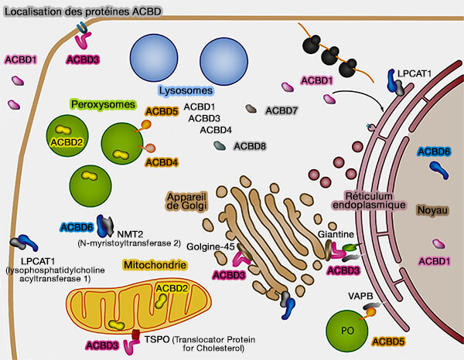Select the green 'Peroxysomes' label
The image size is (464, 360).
click(x=102, y=104)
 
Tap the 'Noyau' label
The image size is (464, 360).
click(x=432, y=209)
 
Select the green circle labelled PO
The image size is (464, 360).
click(x=349, y=331)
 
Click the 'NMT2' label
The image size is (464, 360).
click(x=132, y=231)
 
